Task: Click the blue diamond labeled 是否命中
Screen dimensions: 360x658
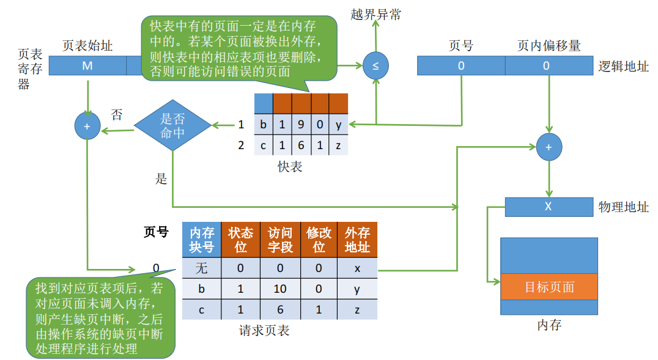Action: [172, 125]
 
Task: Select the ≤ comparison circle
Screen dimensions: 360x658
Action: [375, 65]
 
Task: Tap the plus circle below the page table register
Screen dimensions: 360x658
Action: [87, 126]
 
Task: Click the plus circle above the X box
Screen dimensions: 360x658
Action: [549, 147]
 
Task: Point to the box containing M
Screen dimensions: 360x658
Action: [87, 65]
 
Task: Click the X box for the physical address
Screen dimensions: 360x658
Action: [548, 207]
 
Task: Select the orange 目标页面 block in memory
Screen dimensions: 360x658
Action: [549, 287]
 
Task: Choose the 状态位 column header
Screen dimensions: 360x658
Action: [240, 240]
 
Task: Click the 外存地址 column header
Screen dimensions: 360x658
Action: [357, 240]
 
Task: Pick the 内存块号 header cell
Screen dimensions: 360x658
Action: [202, 240]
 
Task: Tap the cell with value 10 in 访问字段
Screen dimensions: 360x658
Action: [279, 289]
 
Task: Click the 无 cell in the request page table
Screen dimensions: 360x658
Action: [202, 268]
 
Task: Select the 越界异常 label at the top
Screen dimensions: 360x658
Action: [376, 15]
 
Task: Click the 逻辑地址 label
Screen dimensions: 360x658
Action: [623, 66]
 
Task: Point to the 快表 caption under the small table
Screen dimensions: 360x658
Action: [290, 166]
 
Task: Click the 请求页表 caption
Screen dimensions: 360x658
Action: [264, 331]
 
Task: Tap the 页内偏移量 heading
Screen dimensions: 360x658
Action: [549, 46]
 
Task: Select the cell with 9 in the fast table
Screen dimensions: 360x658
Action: [301, 125]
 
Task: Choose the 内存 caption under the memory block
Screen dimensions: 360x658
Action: [549, 325]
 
